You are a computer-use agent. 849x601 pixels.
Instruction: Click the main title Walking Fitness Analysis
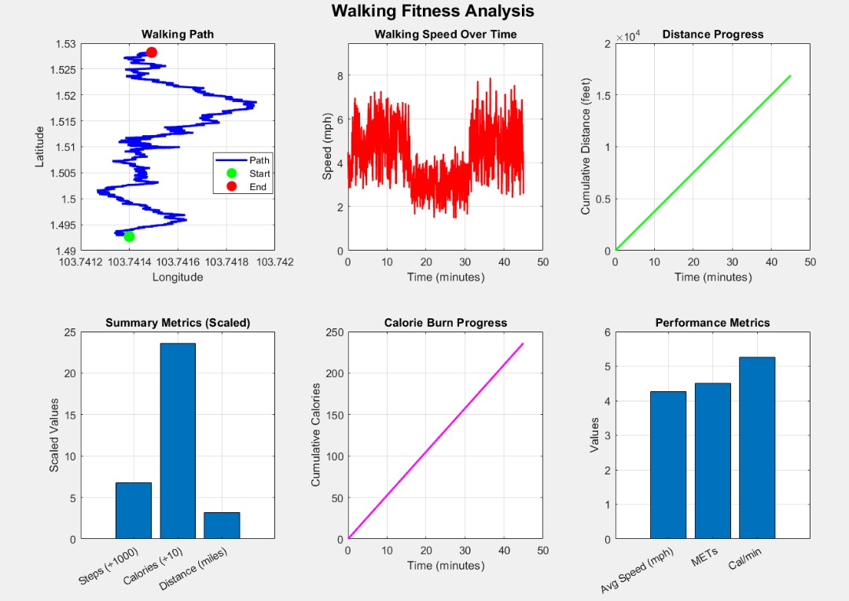point(432,11)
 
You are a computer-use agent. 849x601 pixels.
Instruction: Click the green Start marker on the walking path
point(129,236)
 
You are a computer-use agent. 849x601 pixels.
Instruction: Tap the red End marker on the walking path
point(152,52)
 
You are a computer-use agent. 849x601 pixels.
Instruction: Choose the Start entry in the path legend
point(259,174)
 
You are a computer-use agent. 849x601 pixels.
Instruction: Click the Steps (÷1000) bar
point(133,511)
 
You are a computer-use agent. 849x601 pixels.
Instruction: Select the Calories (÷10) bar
point(178,441)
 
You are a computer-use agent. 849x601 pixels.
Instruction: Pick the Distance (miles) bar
point(222,526)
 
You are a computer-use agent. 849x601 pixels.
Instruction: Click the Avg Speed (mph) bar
point(667,465)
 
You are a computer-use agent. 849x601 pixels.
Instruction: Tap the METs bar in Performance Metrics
point(712,461)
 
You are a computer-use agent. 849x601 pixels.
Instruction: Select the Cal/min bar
point(757,448)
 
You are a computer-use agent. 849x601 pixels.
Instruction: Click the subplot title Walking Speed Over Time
point(445,35)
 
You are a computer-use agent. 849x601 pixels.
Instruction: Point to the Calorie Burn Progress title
point(445,323)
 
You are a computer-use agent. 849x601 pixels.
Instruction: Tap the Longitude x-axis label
point(178,277)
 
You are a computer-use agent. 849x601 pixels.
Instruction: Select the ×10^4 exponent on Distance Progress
point(629,36)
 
